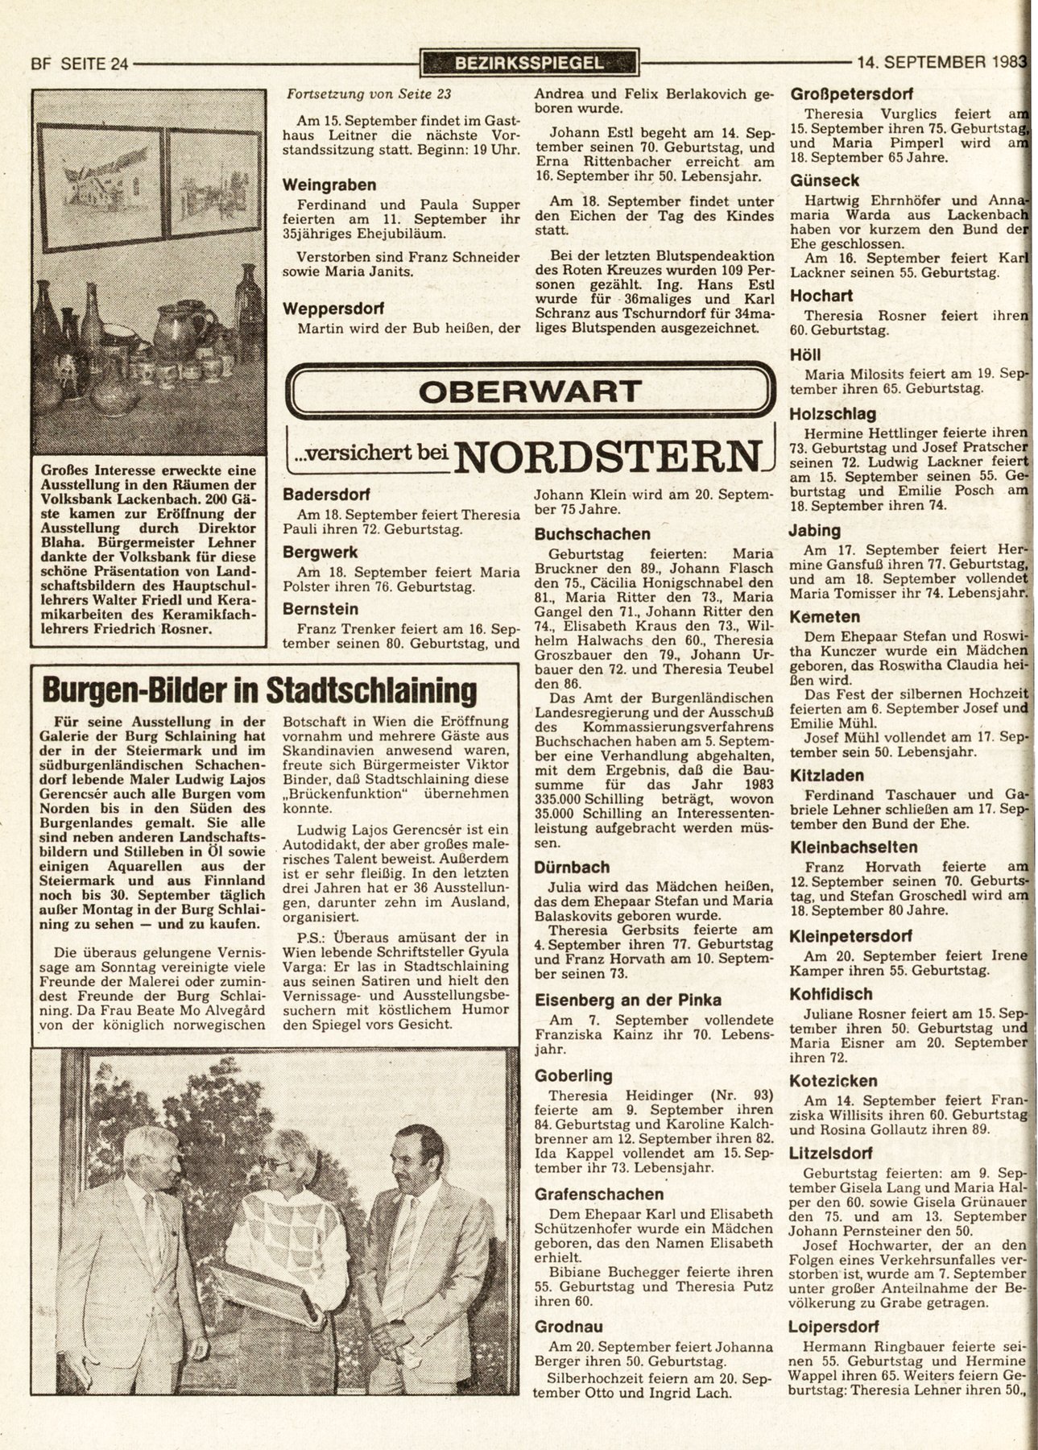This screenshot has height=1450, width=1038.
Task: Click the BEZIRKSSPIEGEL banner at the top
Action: pos(528,62)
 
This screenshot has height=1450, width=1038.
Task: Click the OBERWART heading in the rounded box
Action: pos(529,392)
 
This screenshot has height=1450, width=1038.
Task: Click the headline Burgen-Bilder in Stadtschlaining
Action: pos(259,691)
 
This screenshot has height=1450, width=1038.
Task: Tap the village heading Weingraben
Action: pos(329,185)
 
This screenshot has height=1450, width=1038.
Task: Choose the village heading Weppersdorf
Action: pos(333,309)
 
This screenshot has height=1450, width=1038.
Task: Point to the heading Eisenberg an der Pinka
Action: pos(628,1000)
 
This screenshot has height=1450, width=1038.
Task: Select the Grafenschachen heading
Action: pos(599,1195)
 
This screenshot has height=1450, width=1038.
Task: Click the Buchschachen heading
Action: pos(592,534)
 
